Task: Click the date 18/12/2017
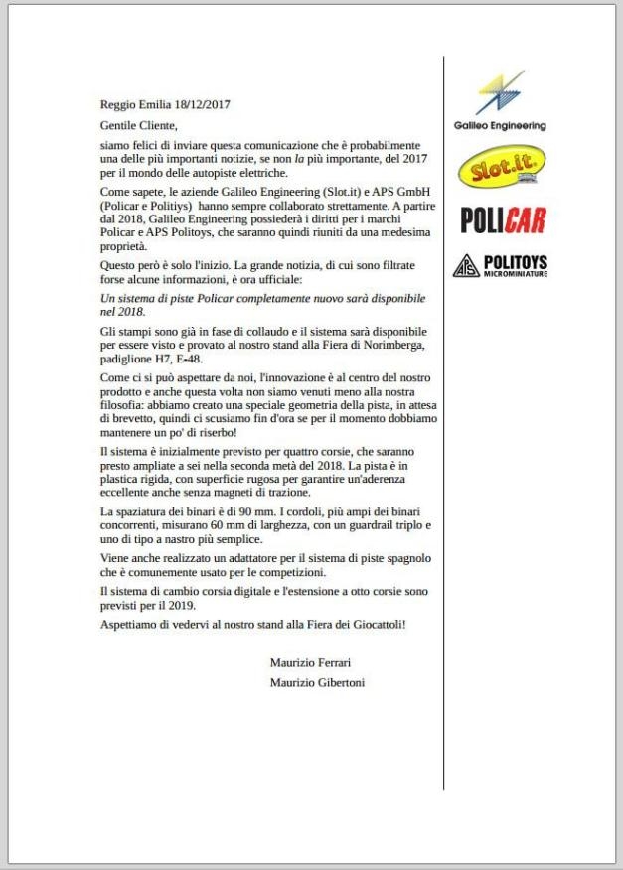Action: [201, 104]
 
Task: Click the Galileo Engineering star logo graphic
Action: [499, 94]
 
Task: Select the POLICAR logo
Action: [504, 219]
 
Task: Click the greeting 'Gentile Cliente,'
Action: [139, 125]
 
